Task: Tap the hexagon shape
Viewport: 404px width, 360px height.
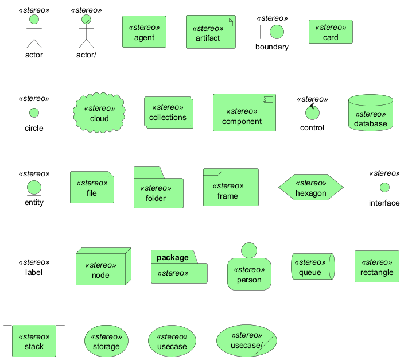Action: coord(310,188)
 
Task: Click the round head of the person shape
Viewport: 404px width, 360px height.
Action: coord(249,250)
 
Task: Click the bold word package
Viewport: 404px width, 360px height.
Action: coord(172,257)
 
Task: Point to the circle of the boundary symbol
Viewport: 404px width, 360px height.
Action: coord(277,32)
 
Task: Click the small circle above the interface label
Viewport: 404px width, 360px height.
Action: coord(384,187)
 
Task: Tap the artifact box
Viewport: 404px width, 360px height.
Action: coord(211,33)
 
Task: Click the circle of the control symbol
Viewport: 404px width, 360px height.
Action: coord(312,113)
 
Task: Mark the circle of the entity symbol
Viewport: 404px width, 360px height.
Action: coord(34,187)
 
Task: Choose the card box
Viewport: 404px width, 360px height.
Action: coord(331,32)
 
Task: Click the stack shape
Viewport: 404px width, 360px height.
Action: coord(34,341)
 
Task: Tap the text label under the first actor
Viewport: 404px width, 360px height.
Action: coord(34,55)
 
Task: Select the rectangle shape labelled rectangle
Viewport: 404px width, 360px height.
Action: coord(376,267)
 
